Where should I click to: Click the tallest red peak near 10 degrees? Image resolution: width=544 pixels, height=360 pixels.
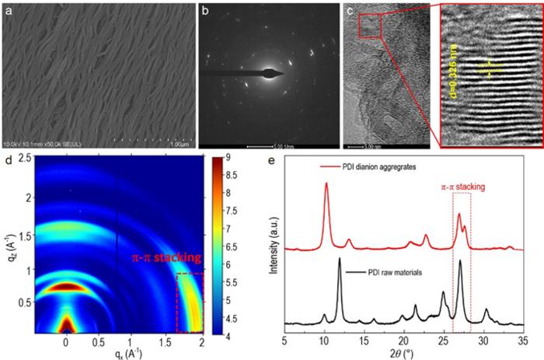pos(326,185)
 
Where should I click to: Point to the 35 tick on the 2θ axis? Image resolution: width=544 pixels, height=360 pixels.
pos(523,341)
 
